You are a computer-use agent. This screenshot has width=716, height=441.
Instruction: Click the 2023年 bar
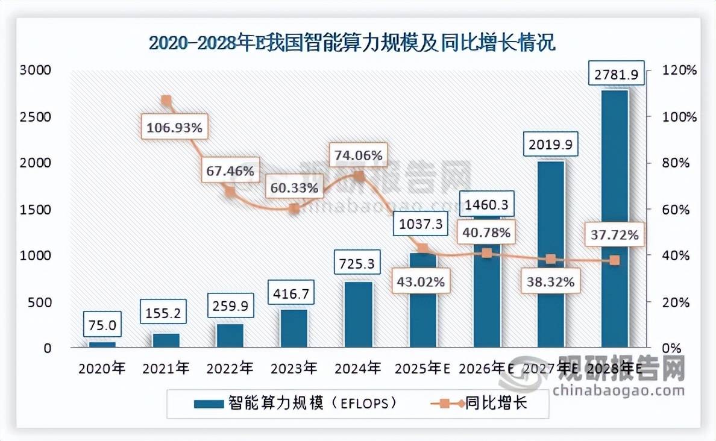tap(294, 328)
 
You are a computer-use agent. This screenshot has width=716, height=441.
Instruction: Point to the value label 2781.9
tap(614, 75)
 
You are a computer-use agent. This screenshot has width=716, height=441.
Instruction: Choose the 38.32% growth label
tap(548, 281)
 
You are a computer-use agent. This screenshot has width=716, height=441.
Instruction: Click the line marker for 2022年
tap(230, 192)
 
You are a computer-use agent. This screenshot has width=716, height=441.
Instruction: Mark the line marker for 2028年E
tap(614, 260)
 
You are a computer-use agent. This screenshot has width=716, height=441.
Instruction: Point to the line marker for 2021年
tap(166, 101)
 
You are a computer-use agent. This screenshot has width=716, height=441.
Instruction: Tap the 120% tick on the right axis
tap(679, 70)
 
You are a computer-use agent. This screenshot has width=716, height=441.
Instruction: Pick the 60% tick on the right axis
tap(676, 209)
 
